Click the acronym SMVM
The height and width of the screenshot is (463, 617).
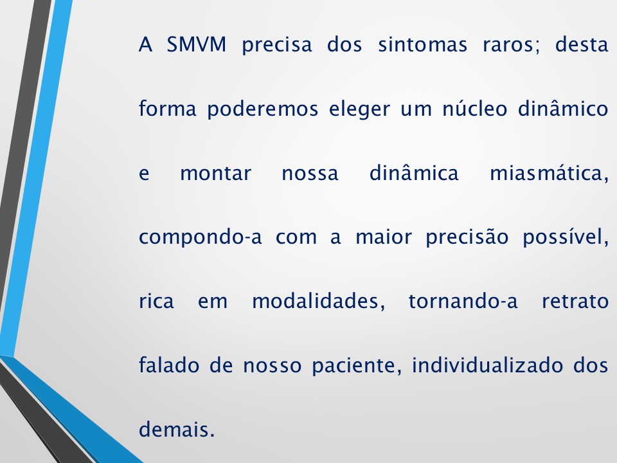(x=195, y=46)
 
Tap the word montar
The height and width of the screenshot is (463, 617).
(x=215, y=174)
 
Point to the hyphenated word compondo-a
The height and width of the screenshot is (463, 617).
(x=201, y=238)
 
